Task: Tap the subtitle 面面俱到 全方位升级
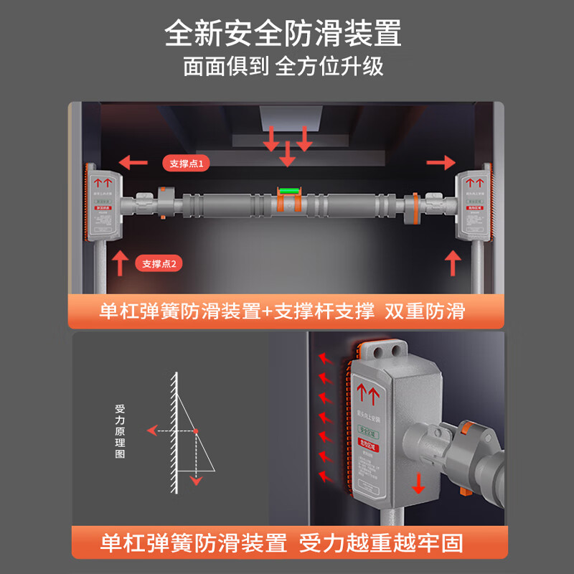coord(283,67)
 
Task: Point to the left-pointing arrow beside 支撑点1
coord(134,161)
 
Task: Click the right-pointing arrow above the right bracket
coord(441,164)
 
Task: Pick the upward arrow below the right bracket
coord(453,263)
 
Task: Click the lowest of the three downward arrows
coord(288,155)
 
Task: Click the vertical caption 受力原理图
coord(120,431)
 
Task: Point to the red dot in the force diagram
coord(195,430)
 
